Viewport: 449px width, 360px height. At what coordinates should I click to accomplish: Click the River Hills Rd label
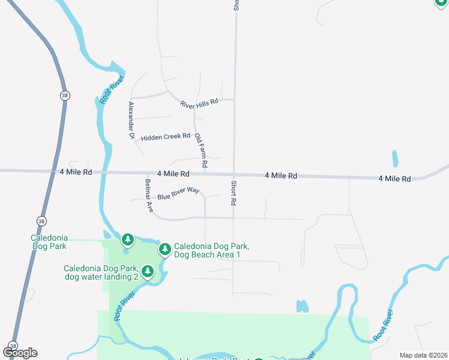point(199,104)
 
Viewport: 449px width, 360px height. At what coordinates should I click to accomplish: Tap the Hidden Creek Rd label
point(165,137)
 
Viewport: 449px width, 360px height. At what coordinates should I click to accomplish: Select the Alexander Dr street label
point(131,121)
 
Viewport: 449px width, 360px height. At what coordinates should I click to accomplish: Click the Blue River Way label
point(178,193)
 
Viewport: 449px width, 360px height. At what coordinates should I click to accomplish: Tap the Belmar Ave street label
point(149,196)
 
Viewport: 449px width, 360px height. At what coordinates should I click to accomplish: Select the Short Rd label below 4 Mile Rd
point(233,193)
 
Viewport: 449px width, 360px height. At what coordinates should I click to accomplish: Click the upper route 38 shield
point(64,95)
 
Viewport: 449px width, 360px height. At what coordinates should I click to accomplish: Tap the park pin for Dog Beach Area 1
point(164,248)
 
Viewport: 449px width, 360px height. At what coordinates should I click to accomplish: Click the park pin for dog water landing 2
point(147,271)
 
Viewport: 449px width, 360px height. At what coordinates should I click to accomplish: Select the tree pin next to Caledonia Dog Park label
point(127,240)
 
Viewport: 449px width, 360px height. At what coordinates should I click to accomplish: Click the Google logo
point(20,352)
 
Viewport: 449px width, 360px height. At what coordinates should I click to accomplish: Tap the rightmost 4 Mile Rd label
point(394,179)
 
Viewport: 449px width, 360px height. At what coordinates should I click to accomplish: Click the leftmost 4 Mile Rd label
point(76,172)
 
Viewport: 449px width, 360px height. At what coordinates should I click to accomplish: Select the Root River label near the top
point(112,90)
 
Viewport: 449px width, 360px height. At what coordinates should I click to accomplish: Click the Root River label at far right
point(383,325)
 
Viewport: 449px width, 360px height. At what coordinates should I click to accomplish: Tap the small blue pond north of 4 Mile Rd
point(395,158)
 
